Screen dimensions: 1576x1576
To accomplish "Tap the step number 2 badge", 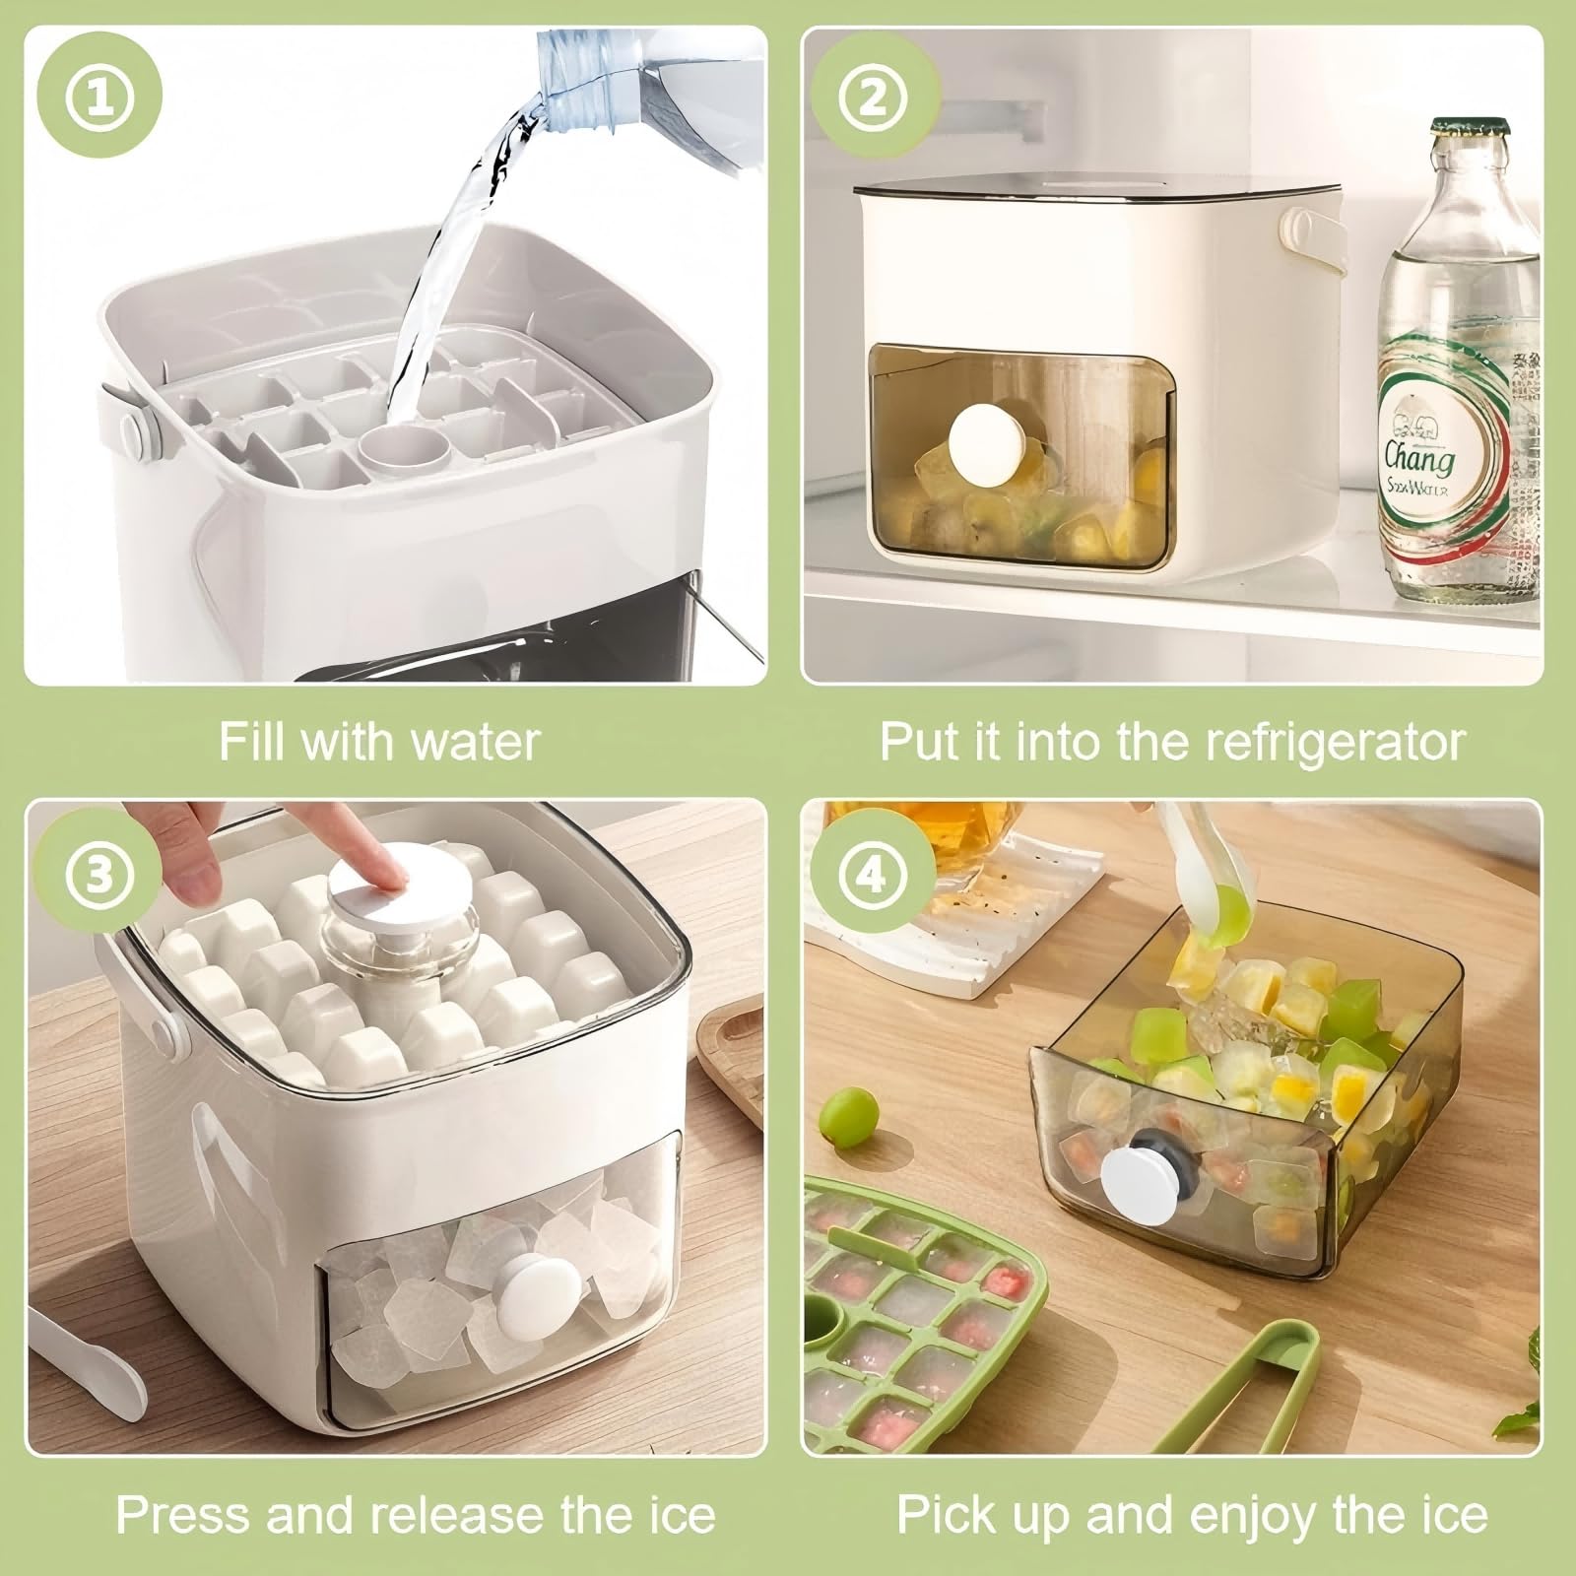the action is click(x=872, y=99).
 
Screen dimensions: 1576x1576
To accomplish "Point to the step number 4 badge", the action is click(x=872, y=875).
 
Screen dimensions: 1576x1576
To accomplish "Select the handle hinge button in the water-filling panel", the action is click(x=136, y=433).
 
